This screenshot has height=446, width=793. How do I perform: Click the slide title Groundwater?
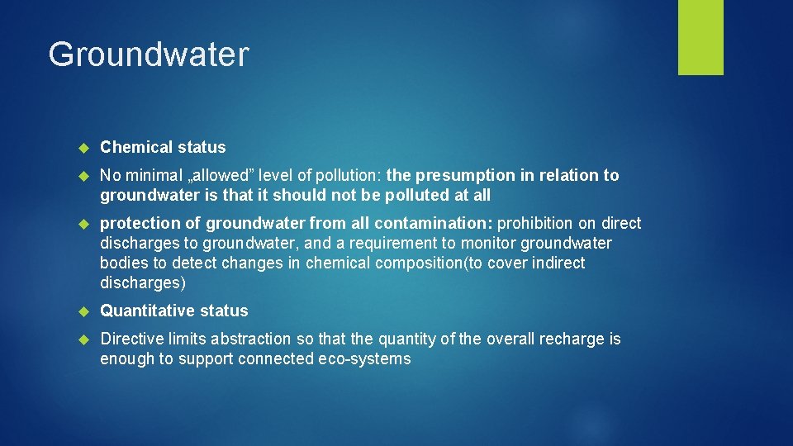148,55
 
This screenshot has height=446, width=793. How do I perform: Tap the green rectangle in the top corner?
700,36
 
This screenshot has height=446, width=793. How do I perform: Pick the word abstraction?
251,339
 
